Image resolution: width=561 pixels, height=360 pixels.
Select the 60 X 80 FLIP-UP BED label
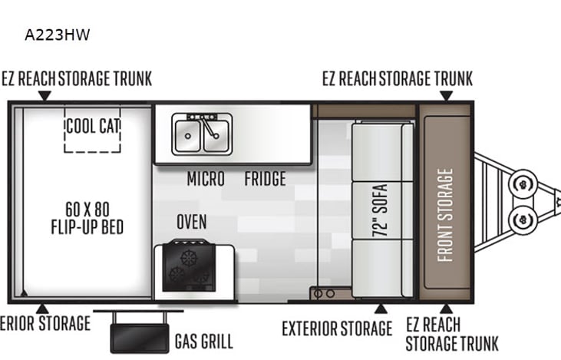click(87, 218)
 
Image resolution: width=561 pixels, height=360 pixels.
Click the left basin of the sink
click(186, 136)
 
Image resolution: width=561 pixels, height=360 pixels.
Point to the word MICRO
click(206, 179)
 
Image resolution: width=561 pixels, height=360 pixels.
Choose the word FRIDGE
click(265, 179)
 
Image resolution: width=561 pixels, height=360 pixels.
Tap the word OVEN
click(191, 222)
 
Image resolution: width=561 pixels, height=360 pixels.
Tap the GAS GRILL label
click(203, 341)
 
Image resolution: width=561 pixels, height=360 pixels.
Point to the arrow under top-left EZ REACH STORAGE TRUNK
click(45, 95)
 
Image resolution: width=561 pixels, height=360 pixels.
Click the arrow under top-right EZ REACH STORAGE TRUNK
click(445, 95)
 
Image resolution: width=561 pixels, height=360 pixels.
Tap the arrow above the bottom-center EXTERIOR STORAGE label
click(378, 309)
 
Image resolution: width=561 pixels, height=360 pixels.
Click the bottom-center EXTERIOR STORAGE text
click(337, 329)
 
